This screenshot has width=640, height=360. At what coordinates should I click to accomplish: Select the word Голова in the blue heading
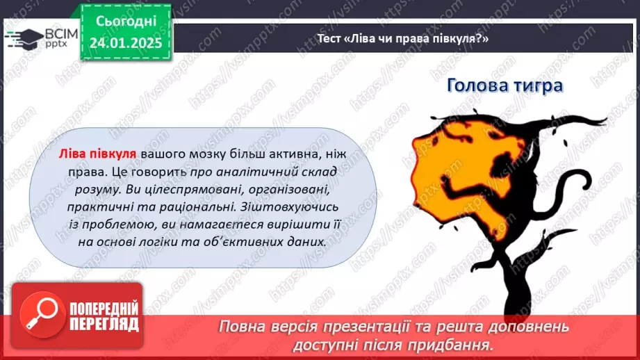475,85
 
